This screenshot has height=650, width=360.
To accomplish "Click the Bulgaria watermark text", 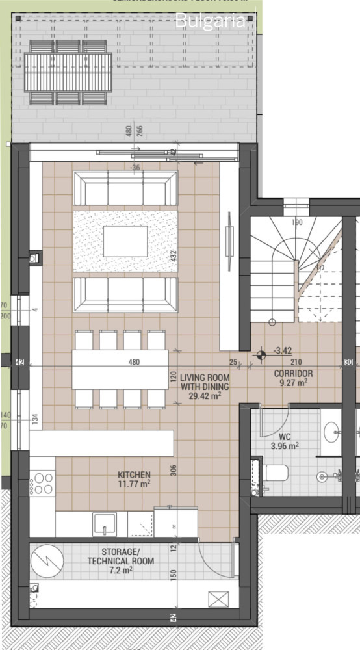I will point(211,20).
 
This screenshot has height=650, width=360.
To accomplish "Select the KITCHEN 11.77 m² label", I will point(134,479).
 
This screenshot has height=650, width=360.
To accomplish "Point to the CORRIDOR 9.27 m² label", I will point(293,378).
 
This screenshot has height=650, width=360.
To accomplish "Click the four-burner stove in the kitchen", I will point(43,483).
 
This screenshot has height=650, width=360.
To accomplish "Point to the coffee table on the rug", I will point(125,241).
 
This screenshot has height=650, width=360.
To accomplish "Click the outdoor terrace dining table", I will point(68,72).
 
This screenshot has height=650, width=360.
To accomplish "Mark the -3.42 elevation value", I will point(282,350).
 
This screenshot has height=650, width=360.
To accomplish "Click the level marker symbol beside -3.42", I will point(261,355).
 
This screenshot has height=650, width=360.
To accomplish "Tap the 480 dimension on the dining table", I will point(134,362).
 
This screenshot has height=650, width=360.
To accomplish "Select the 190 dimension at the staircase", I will point(297,222).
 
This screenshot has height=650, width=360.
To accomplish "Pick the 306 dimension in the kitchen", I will point(174,471).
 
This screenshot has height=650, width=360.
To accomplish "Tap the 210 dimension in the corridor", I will point(296,362).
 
